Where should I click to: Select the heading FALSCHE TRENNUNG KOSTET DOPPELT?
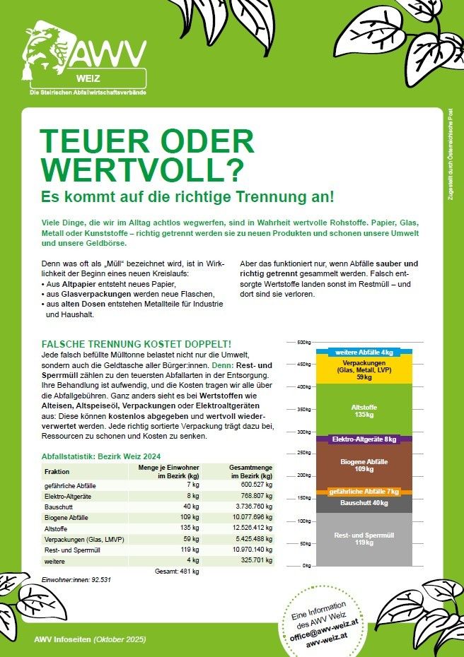(x=137, y=343)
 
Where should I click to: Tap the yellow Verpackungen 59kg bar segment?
(x=364, y=369)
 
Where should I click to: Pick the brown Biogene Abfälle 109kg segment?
(x=364, y=465)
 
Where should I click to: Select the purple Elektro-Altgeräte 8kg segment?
(x=364, y=439)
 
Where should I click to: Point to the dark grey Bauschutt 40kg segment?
(x=364, y=503)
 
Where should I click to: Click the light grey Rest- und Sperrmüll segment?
(x=364, y=539)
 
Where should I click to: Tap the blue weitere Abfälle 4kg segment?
(x=364, y=351)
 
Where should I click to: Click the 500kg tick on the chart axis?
(x=303, y=343)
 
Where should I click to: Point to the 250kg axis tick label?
(x=303, y=454)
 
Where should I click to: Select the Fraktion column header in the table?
(x=57, y=472)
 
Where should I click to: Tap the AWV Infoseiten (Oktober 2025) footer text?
(x=90, y=639)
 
